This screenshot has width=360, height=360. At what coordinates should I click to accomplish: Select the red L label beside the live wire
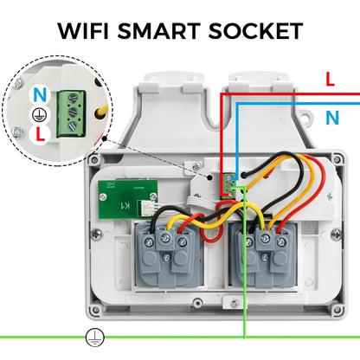(329, 79)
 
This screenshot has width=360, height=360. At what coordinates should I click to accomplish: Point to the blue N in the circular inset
(38, 93)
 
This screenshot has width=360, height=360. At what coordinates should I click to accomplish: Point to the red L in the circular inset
(40, 134)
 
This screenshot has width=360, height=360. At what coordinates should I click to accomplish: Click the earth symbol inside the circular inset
(37, 113)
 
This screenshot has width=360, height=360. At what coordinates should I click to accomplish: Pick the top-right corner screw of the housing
(332, 158)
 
